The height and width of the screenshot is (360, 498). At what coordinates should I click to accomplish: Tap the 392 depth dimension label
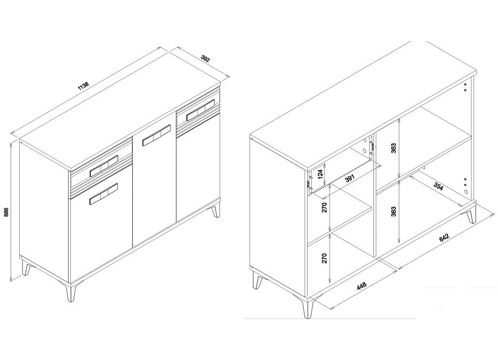click(x=205, y=59)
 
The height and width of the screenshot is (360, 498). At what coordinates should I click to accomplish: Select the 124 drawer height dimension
click(x=320, y=174)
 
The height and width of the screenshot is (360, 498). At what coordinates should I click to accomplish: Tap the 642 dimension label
click(x=443, y=239)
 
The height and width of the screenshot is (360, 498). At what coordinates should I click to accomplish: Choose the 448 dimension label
click(x=361, y=286)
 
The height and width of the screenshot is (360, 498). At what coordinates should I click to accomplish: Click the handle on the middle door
click(x=157, y=136)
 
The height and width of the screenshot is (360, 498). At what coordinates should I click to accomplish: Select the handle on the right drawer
click(x=201, y=110)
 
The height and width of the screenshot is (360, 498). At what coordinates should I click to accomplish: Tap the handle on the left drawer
click(x=104, y=166)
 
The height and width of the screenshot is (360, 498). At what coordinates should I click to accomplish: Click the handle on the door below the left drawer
click(x=103, y=194)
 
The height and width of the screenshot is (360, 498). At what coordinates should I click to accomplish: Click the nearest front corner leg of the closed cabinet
click(x=71, y=291)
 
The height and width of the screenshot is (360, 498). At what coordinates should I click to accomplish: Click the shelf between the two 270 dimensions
click(x=340, y=223)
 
